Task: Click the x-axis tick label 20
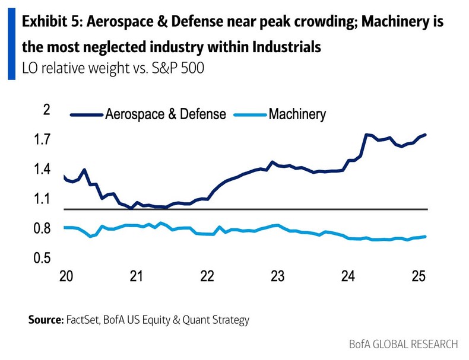pos(66,277)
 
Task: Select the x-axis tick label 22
pos(207,277)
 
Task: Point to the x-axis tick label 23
pos(277,277)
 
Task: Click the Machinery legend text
pos(297,114)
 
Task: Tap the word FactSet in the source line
pos(84,320)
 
